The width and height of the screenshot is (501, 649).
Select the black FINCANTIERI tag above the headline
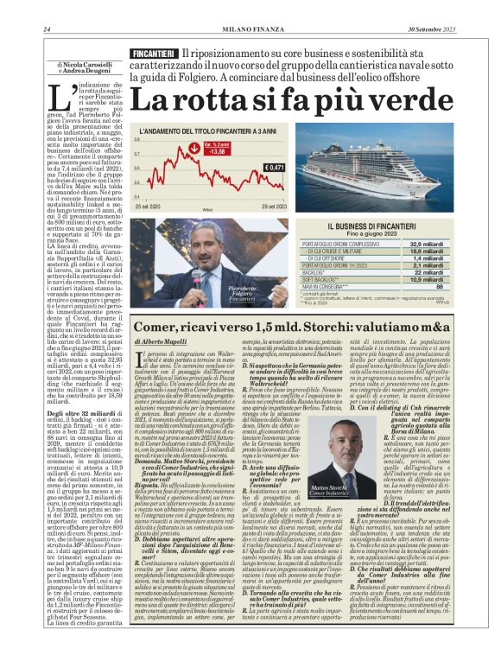155,54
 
